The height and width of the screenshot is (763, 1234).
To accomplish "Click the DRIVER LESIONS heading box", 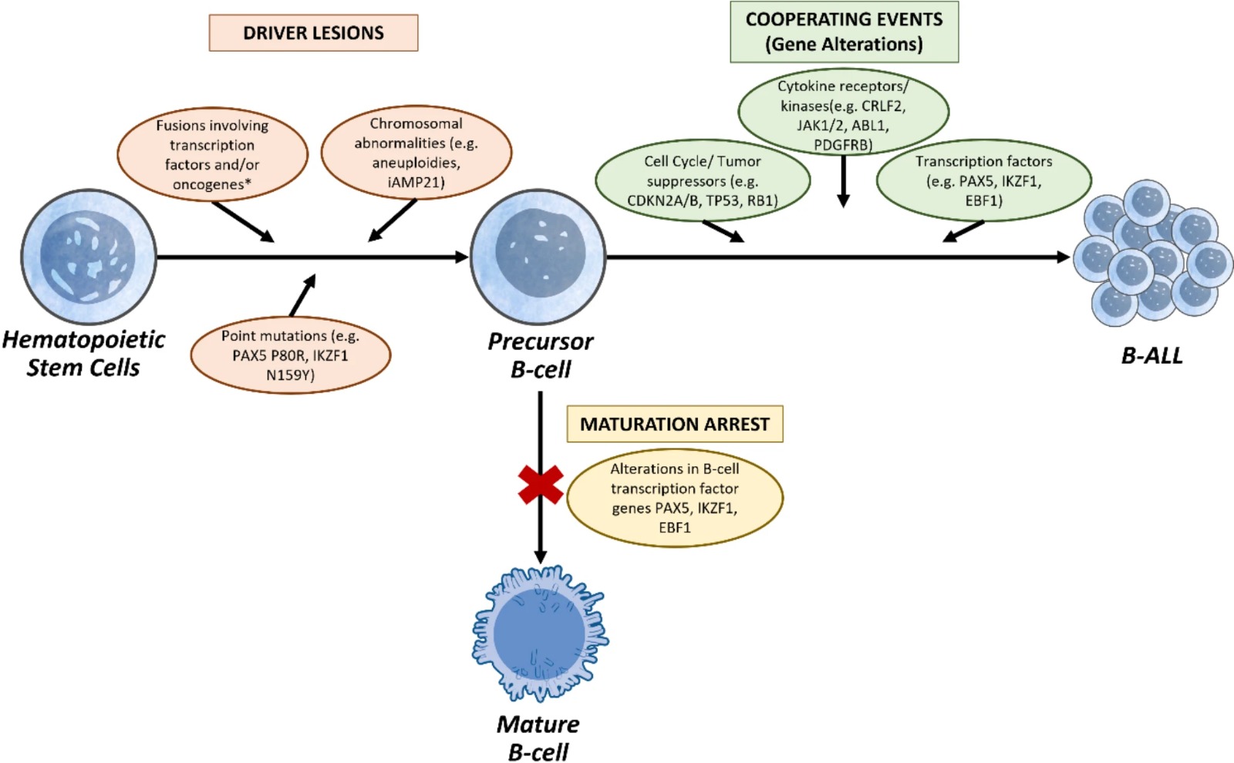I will [313, 33].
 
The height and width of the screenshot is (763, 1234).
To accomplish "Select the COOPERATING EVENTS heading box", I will [844, 32].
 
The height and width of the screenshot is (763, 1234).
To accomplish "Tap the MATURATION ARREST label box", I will [675, 424].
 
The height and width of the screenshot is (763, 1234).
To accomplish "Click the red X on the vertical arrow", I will [541, 485].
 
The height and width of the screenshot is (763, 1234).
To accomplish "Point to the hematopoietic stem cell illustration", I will [88, 257].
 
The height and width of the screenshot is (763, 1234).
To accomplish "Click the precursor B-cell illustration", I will [538, 257].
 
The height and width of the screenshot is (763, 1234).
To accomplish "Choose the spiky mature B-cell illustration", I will [540, 634].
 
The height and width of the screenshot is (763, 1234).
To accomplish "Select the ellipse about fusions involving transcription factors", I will [212, 155].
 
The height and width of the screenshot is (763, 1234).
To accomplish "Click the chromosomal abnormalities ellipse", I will [416, 153].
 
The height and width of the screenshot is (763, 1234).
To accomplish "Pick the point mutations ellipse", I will [291, 355].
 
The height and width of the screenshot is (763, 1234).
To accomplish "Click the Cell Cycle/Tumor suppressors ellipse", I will [703, 181].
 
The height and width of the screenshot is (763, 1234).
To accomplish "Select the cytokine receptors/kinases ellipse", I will [843, 113].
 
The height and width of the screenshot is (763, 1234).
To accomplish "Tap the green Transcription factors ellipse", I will [983, 181].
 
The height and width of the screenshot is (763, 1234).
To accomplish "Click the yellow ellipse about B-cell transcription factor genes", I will [675, 498].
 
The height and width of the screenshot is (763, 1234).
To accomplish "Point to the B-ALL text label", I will [1151, 355].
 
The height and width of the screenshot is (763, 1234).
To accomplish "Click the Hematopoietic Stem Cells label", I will [83, 354].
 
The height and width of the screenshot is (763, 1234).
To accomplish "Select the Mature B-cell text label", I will [538, 738].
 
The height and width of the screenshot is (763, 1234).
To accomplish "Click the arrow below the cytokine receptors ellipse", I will [843, 181].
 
